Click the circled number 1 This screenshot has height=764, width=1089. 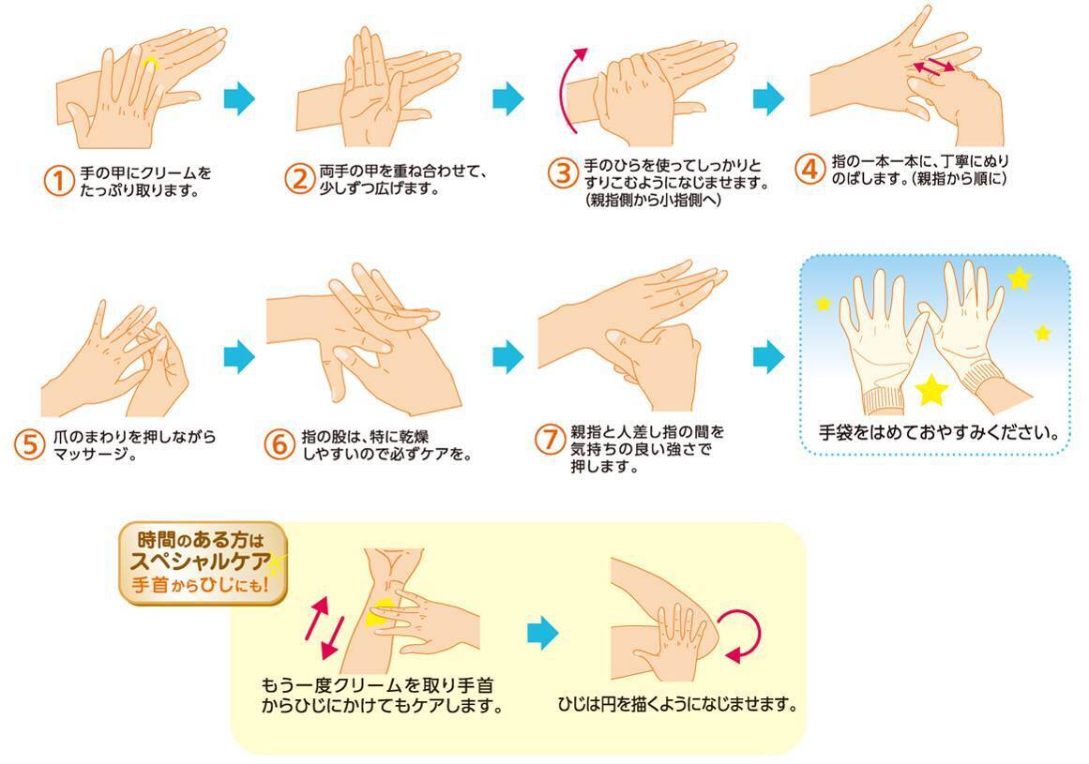pyautogui.click(x=59, y=181)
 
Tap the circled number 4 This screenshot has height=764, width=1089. pyautogui.click(x=809, y=169)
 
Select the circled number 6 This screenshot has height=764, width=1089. pyautogui.click(x=280, y=444)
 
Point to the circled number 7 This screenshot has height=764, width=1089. pyautogui.click(x=550, y=440)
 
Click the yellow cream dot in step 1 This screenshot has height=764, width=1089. pyautogui.click(x=150, y=65)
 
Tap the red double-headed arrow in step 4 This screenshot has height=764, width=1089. pyautogui.click(x=933, y=66)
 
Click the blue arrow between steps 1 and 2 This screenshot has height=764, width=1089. pyautogui.click(x=239, y=98)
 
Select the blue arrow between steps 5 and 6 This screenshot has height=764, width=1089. pyautogui.click(x=239, y=356)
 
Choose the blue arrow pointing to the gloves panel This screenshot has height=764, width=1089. pyautogui.click(x=769, y=356)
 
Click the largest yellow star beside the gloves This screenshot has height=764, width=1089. pyautogui.click(x=931, y=389)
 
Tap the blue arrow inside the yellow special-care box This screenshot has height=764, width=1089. pyautogui.click(x=542, y=633)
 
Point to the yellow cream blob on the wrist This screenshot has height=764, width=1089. pyautogui.click(x=380, y=613)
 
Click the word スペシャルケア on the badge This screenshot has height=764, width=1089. pyautogui.click(x=201, y=562)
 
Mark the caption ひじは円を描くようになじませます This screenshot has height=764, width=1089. pyautogui.click(x=678, y=705)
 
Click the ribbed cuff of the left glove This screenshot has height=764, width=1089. pyautogui.click(x=884, y=403)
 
